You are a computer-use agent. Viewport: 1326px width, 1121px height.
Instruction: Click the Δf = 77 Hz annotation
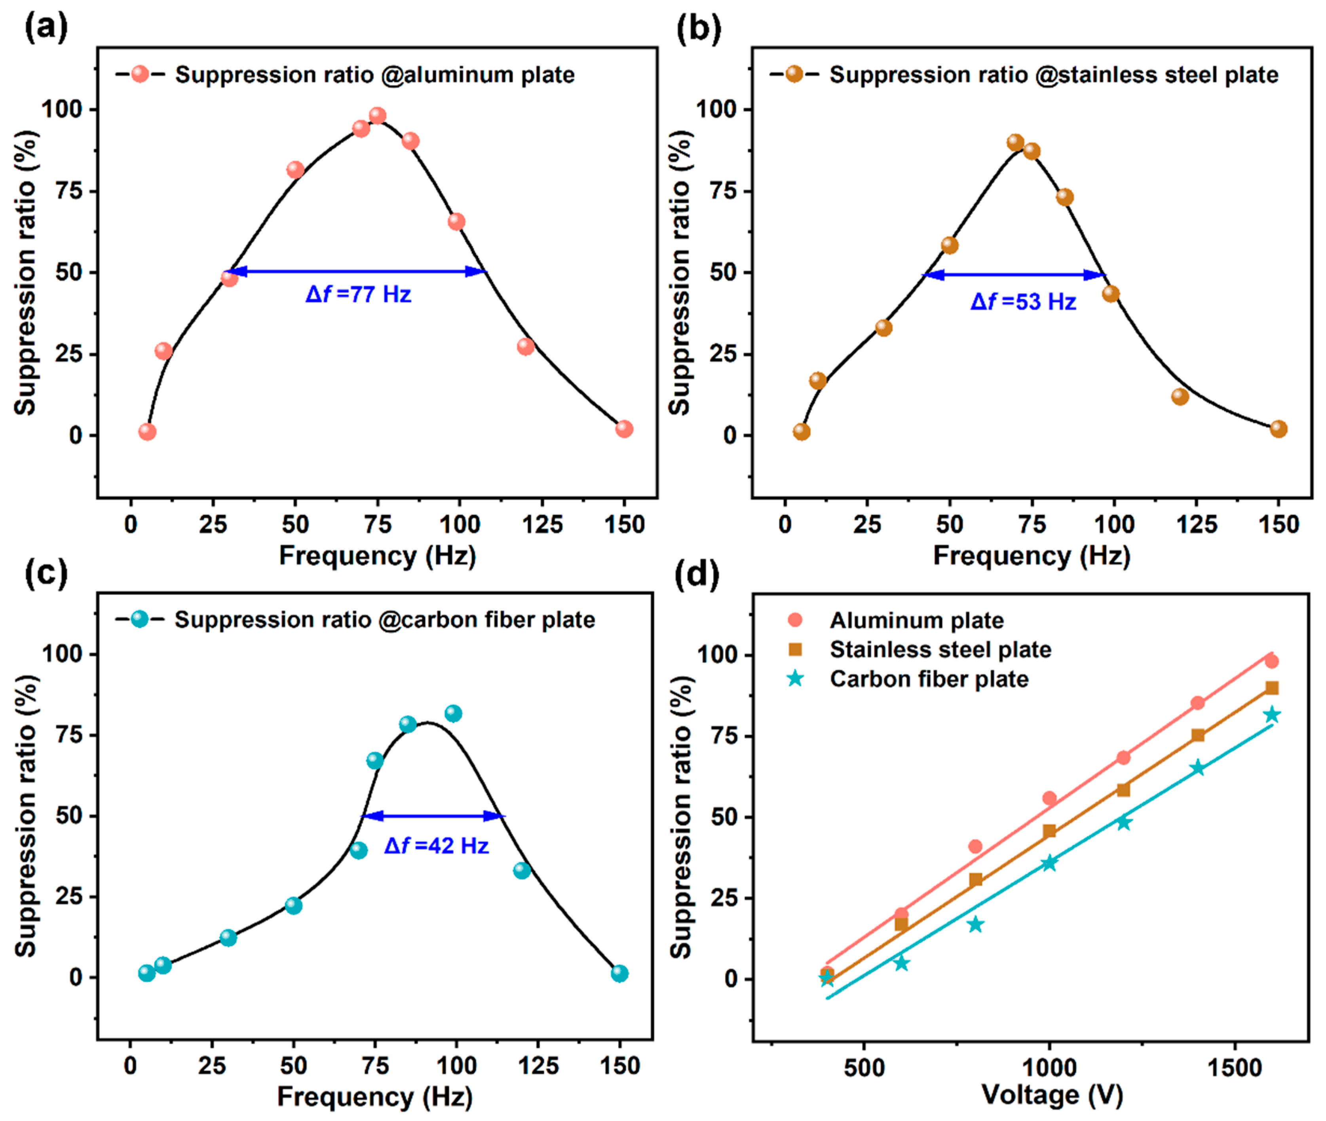pyautogui.click(x=359, y=294)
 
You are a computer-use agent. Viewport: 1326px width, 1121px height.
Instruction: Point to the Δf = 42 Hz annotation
pyautogui.click(x=436, y=846)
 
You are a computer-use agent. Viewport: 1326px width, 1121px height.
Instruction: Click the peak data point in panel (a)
pyautogui.click(x=378, y=116)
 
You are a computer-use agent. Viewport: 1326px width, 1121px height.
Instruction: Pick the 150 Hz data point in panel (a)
pyautogui.click(x=624, y=429)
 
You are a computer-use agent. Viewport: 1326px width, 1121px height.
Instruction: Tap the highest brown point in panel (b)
pyautogui.click(x=1015, y=142)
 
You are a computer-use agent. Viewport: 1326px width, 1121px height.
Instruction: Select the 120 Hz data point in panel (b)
pyautogui.click(x=1180, y=396)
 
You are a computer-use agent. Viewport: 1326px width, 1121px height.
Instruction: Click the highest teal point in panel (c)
pyautogui.click(x=453, y=714)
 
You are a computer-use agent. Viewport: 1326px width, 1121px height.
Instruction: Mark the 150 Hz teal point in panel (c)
pyautogui.click(x=620, y=973)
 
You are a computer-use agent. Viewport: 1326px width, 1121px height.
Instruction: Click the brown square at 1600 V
pyautogui.click(x=1271, y=688)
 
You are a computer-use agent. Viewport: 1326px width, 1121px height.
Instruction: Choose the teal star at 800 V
pyautogui.click(x=975, y=925)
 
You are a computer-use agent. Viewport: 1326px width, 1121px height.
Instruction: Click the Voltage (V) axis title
pyautogui.click(x=1052, y=1094)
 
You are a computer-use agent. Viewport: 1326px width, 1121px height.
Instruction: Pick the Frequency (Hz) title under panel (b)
pyautogui.click(x=1032, y=556)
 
